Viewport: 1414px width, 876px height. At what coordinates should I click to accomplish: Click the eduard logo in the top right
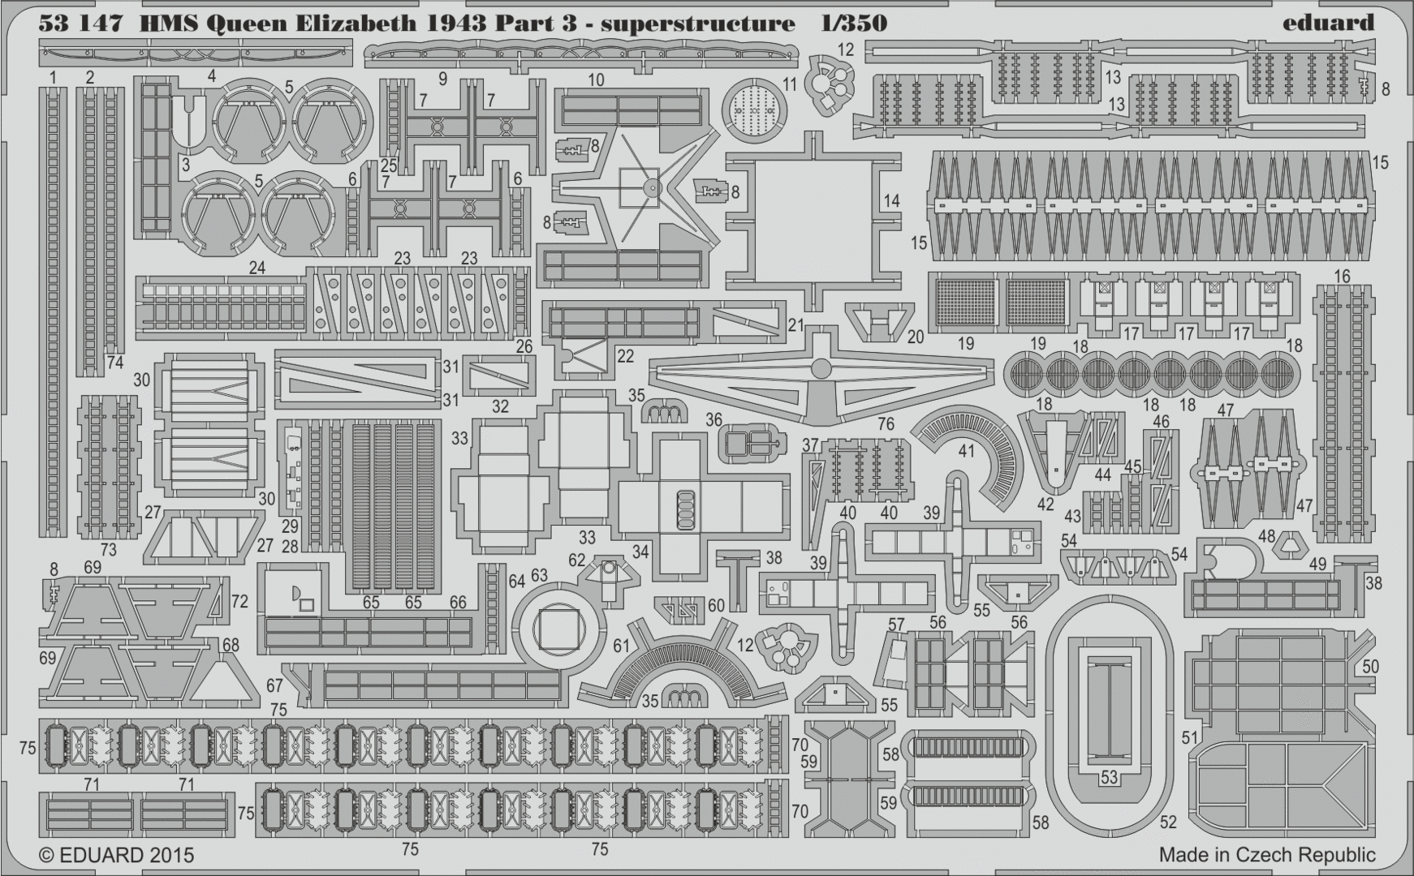pyautogui.click(x=1328, y=22)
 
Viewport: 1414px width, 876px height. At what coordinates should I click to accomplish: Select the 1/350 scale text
pyautogui.click(x=853, y=23)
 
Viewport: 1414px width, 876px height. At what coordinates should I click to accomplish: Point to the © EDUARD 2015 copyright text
pyautogui.click(x=117, y=855)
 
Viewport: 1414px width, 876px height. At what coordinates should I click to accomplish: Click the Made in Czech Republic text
pyautogui.click(x=1267, y=854)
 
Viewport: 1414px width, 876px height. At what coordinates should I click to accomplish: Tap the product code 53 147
pyautogui.click(x=80, y=23)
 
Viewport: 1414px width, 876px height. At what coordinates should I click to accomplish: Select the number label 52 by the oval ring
pyautogui.click(x=1168, y=822)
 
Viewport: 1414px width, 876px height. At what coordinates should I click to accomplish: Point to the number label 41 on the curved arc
pyautogui.click(x=966, y=450)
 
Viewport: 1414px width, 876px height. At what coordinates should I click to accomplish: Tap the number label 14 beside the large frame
pyautogui.click(x=891, y=200)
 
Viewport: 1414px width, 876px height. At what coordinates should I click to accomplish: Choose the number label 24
pyautogui.click(x=257, y=267)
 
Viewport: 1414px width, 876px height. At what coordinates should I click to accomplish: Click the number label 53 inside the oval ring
pyautogui.click(x=1109, y=777)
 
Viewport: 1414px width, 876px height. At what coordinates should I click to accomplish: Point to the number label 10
pyautogui.click(x=597, y=79)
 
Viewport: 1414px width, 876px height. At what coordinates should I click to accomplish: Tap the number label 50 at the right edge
pyautogui.click(x=1370, y=667)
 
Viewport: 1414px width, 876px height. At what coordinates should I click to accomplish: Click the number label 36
pyautogui.click(x=713, y=419)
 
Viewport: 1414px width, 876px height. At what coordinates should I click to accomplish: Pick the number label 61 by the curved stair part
pyautogui.click(x=622, y=646)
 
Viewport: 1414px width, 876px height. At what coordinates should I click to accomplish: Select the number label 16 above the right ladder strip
pyautogui.click(x=1342, y=276)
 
